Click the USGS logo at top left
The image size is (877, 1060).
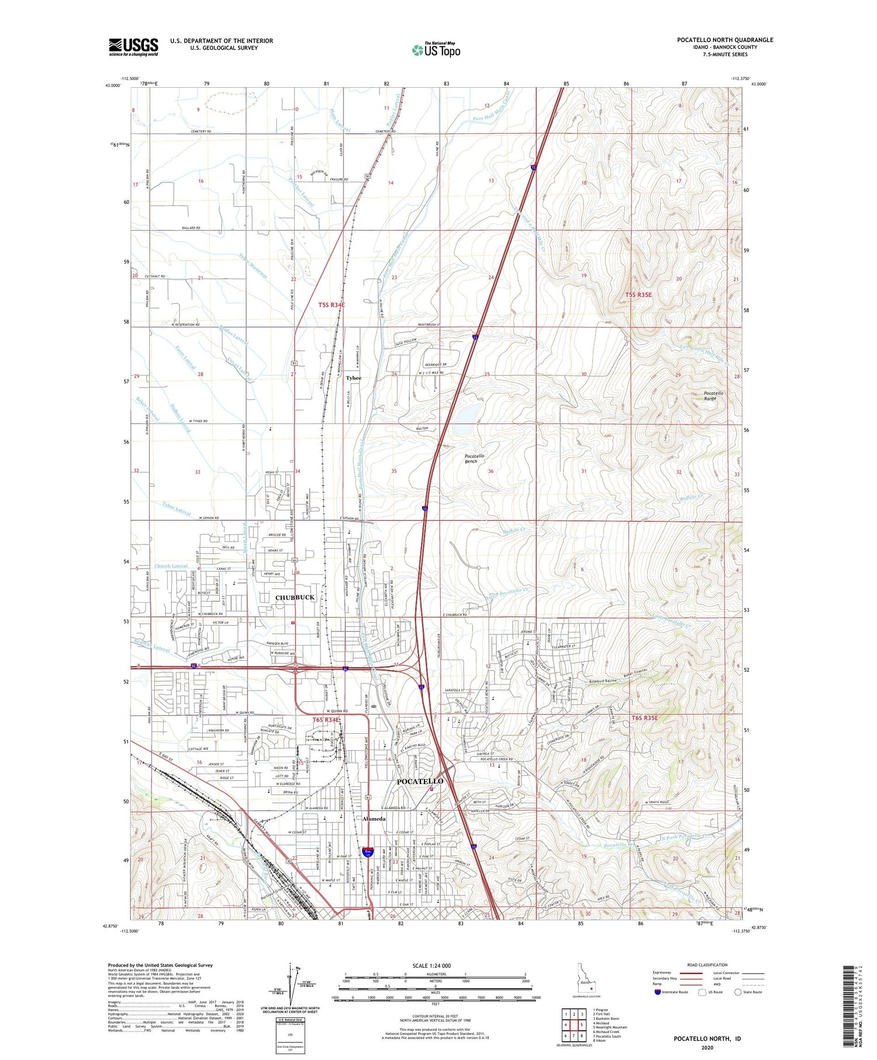133,47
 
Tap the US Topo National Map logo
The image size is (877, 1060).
436,50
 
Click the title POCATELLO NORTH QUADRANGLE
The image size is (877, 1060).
724,40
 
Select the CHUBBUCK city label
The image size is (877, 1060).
295,598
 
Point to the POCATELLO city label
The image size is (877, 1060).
420,781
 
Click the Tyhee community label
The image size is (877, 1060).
353,378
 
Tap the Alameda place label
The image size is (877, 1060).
374,819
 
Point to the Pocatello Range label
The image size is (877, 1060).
713,396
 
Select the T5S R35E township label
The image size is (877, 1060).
638,295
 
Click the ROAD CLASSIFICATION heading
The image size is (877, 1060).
707,965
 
